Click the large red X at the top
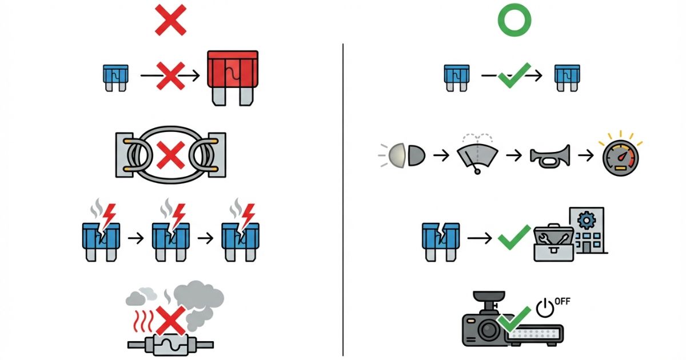170,20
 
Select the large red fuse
233,78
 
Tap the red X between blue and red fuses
170,76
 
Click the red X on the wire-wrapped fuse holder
170,155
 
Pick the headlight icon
402,155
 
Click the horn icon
551,156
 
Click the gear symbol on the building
587,220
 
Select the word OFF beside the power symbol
563,302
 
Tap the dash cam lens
488,330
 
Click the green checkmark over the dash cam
514,319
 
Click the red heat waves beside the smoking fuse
143,321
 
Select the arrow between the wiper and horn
514,155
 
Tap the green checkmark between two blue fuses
514,75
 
